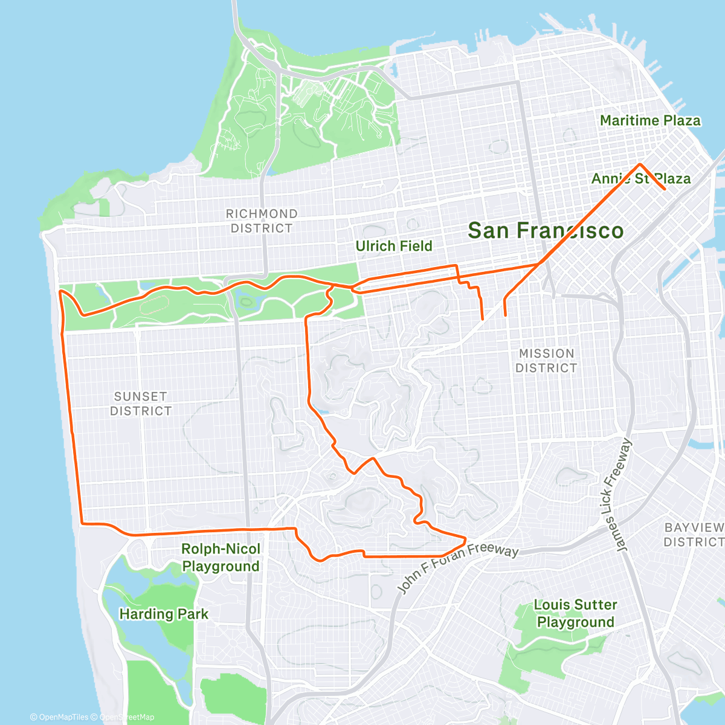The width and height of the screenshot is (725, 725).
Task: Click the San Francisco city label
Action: pyautogui.click(x=545, y=231)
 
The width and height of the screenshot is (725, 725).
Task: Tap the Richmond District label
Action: pyautogui.click(x=261, y=221)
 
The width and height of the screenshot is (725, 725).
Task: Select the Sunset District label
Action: pyautogui.click(x=141, y=404)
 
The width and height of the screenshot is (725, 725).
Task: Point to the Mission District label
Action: pyautogui.click(x=546, y=361)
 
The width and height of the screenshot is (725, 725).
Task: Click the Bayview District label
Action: pyautogui.click(x=694, y=535)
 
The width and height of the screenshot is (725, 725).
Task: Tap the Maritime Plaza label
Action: pyautogui.click(x=650, y=121)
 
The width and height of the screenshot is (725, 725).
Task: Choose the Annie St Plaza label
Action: pyautogui.click(x=640, y=179)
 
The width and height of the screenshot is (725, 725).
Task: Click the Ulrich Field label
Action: pyautogui.click(x=394, y=246)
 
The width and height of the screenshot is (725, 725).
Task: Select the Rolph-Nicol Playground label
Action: pyautogui.click(x=221, y=558)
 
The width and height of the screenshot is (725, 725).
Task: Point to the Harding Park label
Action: pyautogui.click(x=164, y=614)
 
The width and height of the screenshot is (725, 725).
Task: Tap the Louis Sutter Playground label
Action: pyautogui.click(x=575, y=613)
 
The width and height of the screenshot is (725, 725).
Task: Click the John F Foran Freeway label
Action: pyautogui.click(x=458, y=568)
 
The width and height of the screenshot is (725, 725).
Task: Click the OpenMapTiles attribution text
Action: pyautogui.click(x=59, y=717)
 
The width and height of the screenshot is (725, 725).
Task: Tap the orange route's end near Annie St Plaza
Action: pyautogui.click(x=665, y=189)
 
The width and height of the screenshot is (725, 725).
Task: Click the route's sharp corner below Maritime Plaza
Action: pyautogui.click(x=640, y=164)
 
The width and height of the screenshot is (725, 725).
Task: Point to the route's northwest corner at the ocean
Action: pyautogui.click(x=60, y=291)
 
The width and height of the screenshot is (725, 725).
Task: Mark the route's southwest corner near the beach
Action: pyautogui.click(x=82, y=523)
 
